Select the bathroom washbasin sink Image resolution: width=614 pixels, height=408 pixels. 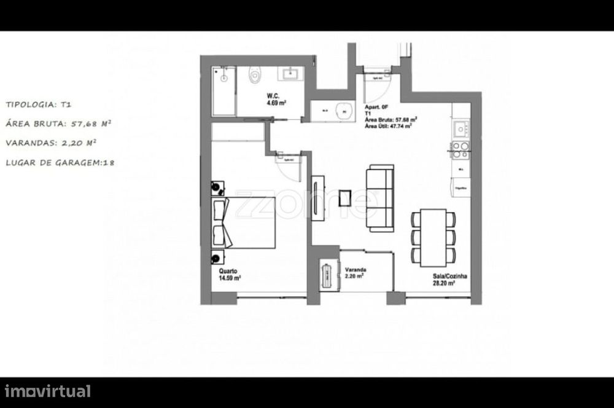click(x=289, y=75)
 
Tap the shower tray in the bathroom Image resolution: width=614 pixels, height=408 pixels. click(x=223, y=91)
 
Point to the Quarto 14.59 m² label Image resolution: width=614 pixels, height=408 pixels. click(x=229, y=274)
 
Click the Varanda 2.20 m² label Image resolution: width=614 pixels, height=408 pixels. click(x=355, y=273)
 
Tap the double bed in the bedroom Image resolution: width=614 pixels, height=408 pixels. click(x=244, y=222)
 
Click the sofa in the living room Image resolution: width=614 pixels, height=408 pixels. click(x=380, y=198)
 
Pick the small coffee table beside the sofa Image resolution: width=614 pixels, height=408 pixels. click(x=346, y=198)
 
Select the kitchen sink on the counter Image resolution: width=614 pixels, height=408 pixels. click(x=461, y=129)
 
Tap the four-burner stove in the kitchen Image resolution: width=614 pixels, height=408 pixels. click(x=460, y=149)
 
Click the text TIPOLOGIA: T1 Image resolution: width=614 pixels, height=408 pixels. click(x=42, y=105)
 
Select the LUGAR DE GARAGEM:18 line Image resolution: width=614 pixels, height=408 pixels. click(x=60, y=163)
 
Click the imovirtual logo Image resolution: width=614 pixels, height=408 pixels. click(x=48, y=391)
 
